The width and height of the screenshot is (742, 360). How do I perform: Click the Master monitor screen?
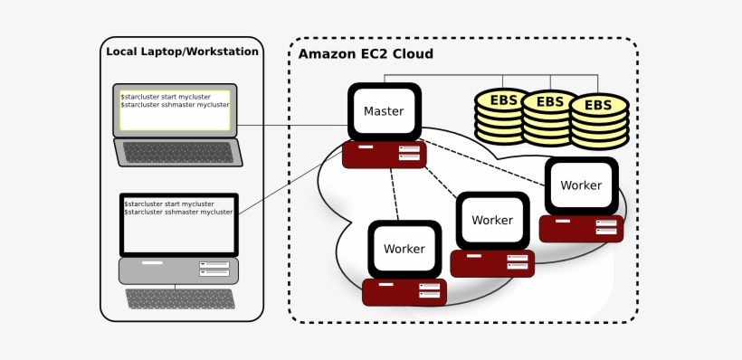[x=384, y=111]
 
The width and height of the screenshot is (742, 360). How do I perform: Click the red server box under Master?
[x=384, y=154]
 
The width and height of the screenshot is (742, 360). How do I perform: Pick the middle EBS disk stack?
[x=549, y=118]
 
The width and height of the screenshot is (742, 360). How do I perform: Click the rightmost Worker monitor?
[x=581, y=185]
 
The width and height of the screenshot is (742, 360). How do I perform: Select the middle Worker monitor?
[x=491, y=220]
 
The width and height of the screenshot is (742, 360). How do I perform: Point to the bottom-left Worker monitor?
[x=404, y=249]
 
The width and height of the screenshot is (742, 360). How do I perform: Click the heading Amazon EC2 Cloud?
[x=366, y=54]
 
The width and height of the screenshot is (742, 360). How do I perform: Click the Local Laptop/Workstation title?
[x=182, y=52]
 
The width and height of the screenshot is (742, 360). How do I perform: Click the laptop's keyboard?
[x=178, y=153]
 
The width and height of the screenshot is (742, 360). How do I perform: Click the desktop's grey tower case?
[x=178, y=270]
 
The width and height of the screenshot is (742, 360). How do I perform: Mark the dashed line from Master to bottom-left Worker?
[x=394, y=194]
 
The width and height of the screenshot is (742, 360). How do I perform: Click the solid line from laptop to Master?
[x=290, y=125]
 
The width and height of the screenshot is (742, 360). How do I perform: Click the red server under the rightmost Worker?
[x=581, y=228]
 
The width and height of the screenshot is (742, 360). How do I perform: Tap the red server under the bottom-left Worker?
[x=404, y=291]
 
